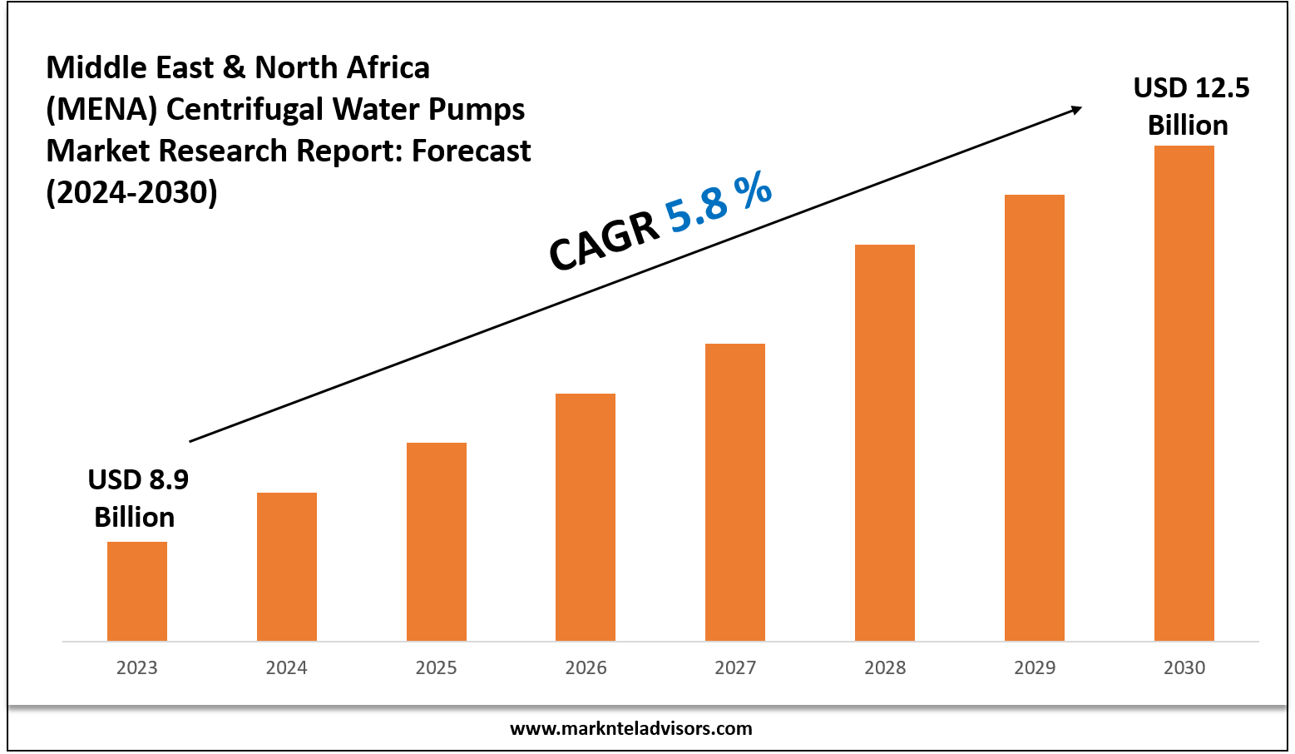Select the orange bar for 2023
pyautogui.click(x=137, y=591)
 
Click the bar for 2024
pyautogui.click(x=287, y=566)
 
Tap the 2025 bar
pyautogui.click(x=437, y=541)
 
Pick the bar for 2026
pyautogui.click(x=586, y=517)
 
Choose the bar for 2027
pyautogui.click(x=735, y=492)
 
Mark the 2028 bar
pyautogui.click(x=885, y=442)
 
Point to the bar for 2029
pyautogui.click(x=1035, y=417)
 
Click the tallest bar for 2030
pyautogui.click(x=1184, y=393)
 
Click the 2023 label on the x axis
pyautogui.click(x=137, y=667)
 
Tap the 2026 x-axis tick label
pyautogui.click(x=586, y=667)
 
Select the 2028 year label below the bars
pyautogui.click(x=885, y=667)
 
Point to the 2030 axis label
pyautogui.click(x=1184, y=667)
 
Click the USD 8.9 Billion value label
pyautogui.click(x=137, y=498)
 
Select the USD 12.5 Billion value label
pyautogui.click(x=1190, y=107)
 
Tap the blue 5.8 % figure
pyautogui.click(x=719, y=202)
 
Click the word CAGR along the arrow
pyautogui.click(x=604, y=242)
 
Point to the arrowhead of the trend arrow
pyautogui.click(x=1076, y=109)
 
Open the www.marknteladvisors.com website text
pyautogui.click(x=630, y=729)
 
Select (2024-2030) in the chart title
pyautogui.click(x=131, y=192)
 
